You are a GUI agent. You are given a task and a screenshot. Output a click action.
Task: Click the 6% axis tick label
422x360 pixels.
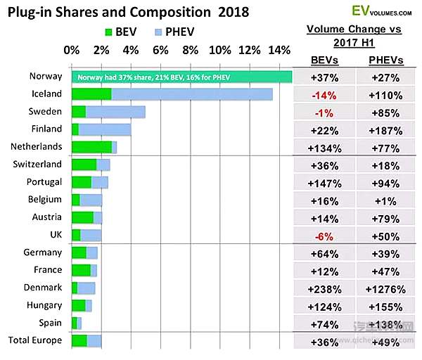160,51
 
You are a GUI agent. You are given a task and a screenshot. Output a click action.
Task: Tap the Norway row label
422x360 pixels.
46,76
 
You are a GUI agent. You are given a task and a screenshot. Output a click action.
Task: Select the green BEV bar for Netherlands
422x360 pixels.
91,146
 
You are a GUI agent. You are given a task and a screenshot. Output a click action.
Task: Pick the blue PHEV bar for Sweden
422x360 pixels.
115,111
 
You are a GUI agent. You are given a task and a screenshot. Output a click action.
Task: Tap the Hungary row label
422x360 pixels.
45,305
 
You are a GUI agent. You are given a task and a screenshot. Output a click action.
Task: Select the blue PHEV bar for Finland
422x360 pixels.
105,129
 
